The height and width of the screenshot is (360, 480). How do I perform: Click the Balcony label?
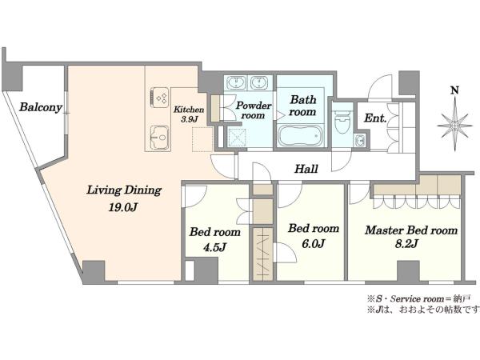[x=41, y=107]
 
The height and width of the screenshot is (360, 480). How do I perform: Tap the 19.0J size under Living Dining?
[x=122, y=207]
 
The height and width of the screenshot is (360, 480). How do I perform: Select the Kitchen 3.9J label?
[x=189, y=114]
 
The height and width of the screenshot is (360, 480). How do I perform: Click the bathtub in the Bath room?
[x=300, y=136]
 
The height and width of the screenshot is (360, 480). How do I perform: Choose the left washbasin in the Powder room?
[x=236, y=82]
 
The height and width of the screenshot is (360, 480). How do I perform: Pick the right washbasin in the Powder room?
[x=259, y=82]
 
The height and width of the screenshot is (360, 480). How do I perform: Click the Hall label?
[x=306, y=169]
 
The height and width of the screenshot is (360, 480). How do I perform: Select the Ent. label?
[x=375, y=118]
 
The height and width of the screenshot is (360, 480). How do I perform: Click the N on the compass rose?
[x=455, y=90]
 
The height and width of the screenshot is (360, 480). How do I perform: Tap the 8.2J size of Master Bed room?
[x=406, y=244]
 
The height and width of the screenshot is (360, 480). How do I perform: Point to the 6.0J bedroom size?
[x=313, y=244]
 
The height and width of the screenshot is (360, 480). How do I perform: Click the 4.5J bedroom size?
[x=214, y=246]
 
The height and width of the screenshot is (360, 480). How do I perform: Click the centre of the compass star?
[x=455, y=126]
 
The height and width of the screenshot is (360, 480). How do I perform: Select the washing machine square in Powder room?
[x=237, y=137]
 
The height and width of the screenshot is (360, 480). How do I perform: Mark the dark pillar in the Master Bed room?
[x=408, y=270]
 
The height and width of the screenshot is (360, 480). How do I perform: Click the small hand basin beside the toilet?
[x=360, y=141]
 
